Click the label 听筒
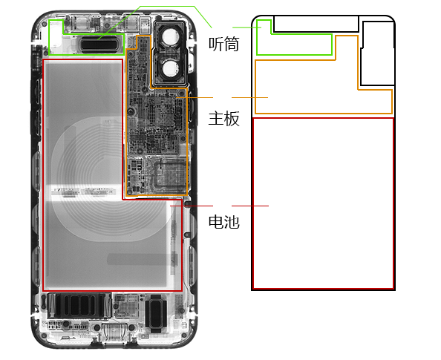click(224, 44)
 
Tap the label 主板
click(224, 119)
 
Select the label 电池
click(224, 222)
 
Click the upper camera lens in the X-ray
click(169, 36)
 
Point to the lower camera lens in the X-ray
click(169, 68)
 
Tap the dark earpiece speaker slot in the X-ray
click(99, 45)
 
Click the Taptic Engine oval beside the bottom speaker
click(155, 312)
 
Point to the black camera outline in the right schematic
click(361, 68)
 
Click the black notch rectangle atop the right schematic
click(316, 31)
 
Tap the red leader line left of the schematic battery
click(250, 206)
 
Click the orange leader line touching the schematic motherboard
click(249, 97)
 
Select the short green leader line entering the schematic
click(247, 27)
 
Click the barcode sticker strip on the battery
click(83, 192)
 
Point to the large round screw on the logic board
click(131, 111)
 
